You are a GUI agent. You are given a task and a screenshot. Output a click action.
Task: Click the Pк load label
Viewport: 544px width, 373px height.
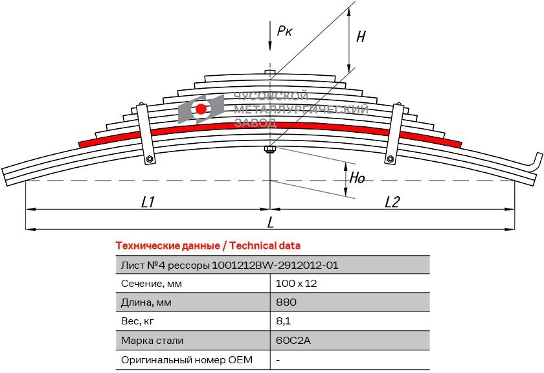click(x=284, y=30)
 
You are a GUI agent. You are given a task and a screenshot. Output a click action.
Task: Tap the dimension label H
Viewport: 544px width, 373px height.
click(x=361, y=36)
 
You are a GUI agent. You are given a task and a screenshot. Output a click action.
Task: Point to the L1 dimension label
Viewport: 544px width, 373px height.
click(x=148, y=202)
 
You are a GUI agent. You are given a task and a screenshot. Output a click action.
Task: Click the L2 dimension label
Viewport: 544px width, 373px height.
click(x=392, y=202)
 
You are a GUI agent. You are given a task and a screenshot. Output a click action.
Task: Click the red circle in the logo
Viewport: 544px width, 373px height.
click(x=201, y=109)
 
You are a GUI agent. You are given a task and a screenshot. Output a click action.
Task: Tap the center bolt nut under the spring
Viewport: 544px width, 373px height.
click(x=270, y=151)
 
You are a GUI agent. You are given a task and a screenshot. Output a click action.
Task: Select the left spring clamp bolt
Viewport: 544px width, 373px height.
click(x=150, y=159)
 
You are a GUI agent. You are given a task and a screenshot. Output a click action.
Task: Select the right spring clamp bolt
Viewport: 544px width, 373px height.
click(x=390, y=159)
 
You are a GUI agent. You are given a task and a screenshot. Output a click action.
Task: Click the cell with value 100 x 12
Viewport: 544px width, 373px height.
click(x=296, y=284)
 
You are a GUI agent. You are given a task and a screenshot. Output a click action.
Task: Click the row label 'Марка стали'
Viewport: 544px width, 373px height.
click(x=152, y=340)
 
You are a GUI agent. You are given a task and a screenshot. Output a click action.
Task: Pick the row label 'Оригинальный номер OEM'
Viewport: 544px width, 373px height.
click(x=187, y=359)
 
